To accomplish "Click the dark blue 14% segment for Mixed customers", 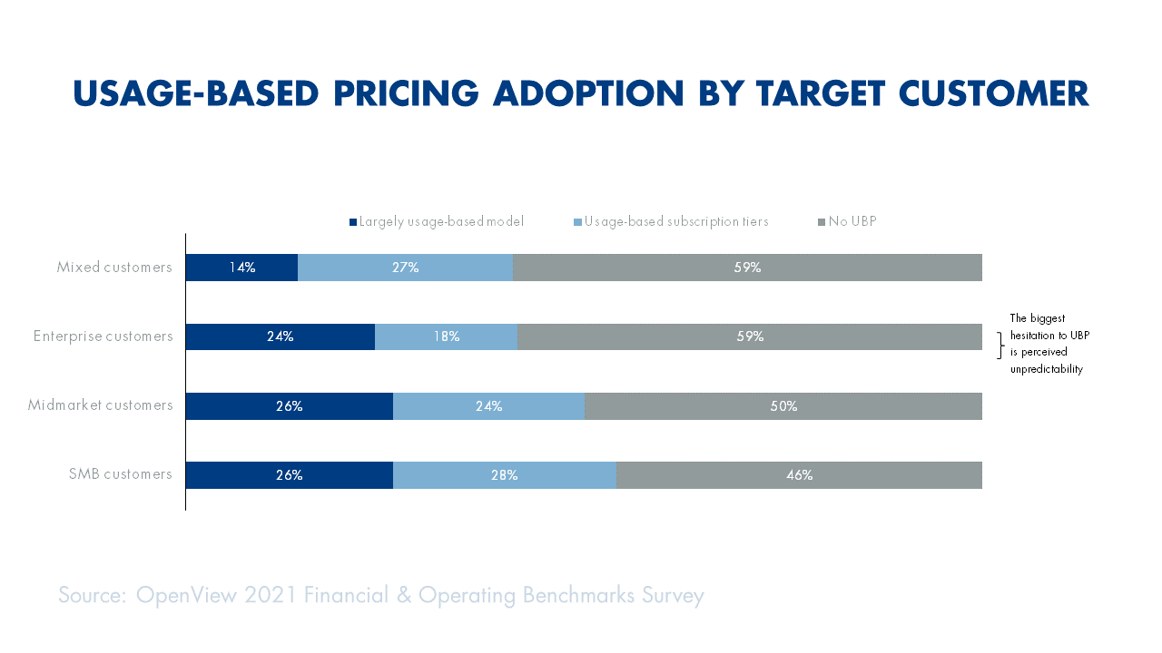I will [241, 268].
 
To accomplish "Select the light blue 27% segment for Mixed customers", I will [405, 268].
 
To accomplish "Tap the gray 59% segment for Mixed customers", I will [747, 268].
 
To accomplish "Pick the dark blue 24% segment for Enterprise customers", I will [280, 336].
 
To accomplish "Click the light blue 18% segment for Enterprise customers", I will [446, 336].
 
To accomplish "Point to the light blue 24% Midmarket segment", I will [488, 406].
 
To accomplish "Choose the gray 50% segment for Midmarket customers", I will [783, 406].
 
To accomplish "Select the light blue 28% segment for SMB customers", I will [504, 475].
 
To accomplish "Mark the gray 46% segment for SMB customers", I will [799, 475].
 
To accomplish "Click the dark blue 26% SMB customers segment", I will [289, 475].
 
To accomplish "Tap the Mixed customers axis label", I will [114, 268].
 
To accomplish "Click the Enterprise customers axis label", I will [103, 336].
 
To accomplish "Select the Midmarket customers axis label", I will [100, 405].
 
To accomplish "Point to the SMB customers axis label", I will [120, 474].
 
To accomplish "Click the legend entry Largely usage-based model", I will [441, 221].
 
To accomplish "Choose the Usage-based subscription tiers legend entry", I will [675, 221].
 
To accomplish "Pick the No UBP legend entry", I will [852, 221].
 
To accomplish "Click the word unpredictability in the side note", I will [1047, 369].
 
